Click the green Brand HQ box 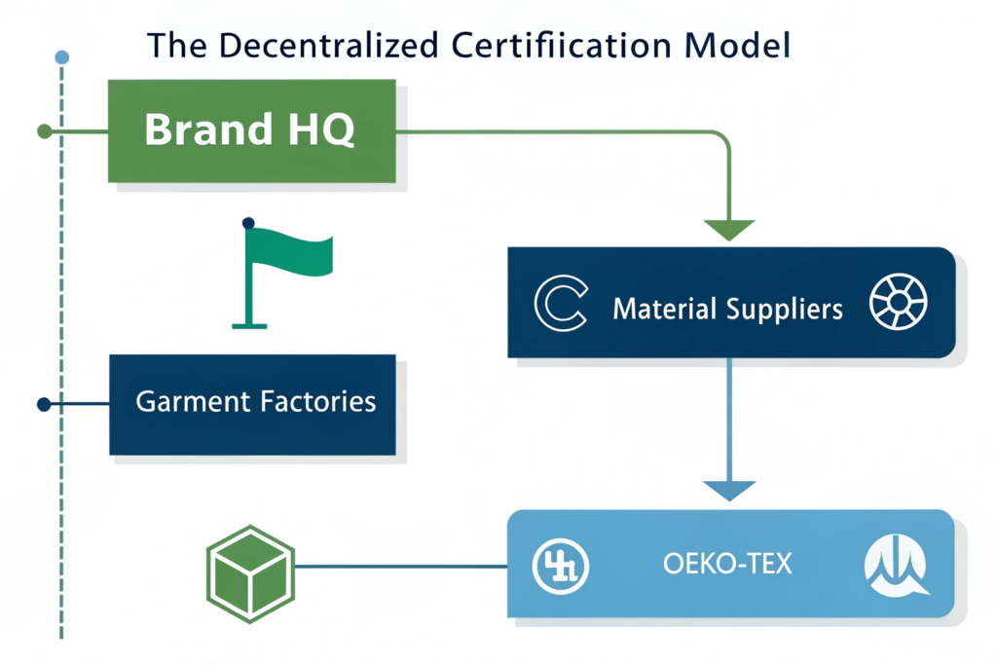point(251,130)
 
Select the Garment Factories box point(251,403)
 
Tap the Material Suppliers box point(730,302)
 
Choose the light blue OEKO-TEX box point(730,563)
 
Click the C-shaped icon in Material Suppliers point(561,303)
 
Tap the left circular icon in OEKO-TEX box point(560,564)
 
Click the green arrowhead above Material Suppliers point(729,230)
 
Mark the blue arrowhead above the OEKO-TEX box point(729,490)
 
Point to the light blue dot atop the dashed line point(62,57)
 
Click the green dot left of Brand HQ point(43,130)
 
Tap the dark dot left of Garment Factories point(43,403)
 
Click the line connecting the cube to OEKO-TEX point(399,565)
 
